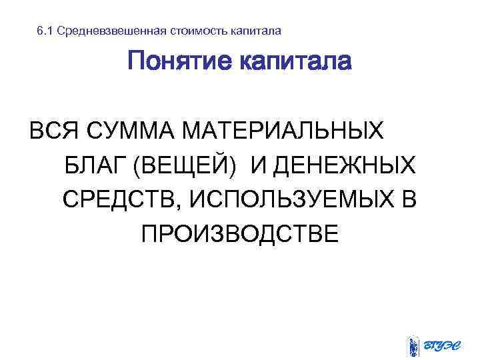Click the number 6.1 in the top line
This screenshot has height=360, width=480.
45,31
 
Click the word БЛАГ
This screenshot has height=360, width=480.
95,163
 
